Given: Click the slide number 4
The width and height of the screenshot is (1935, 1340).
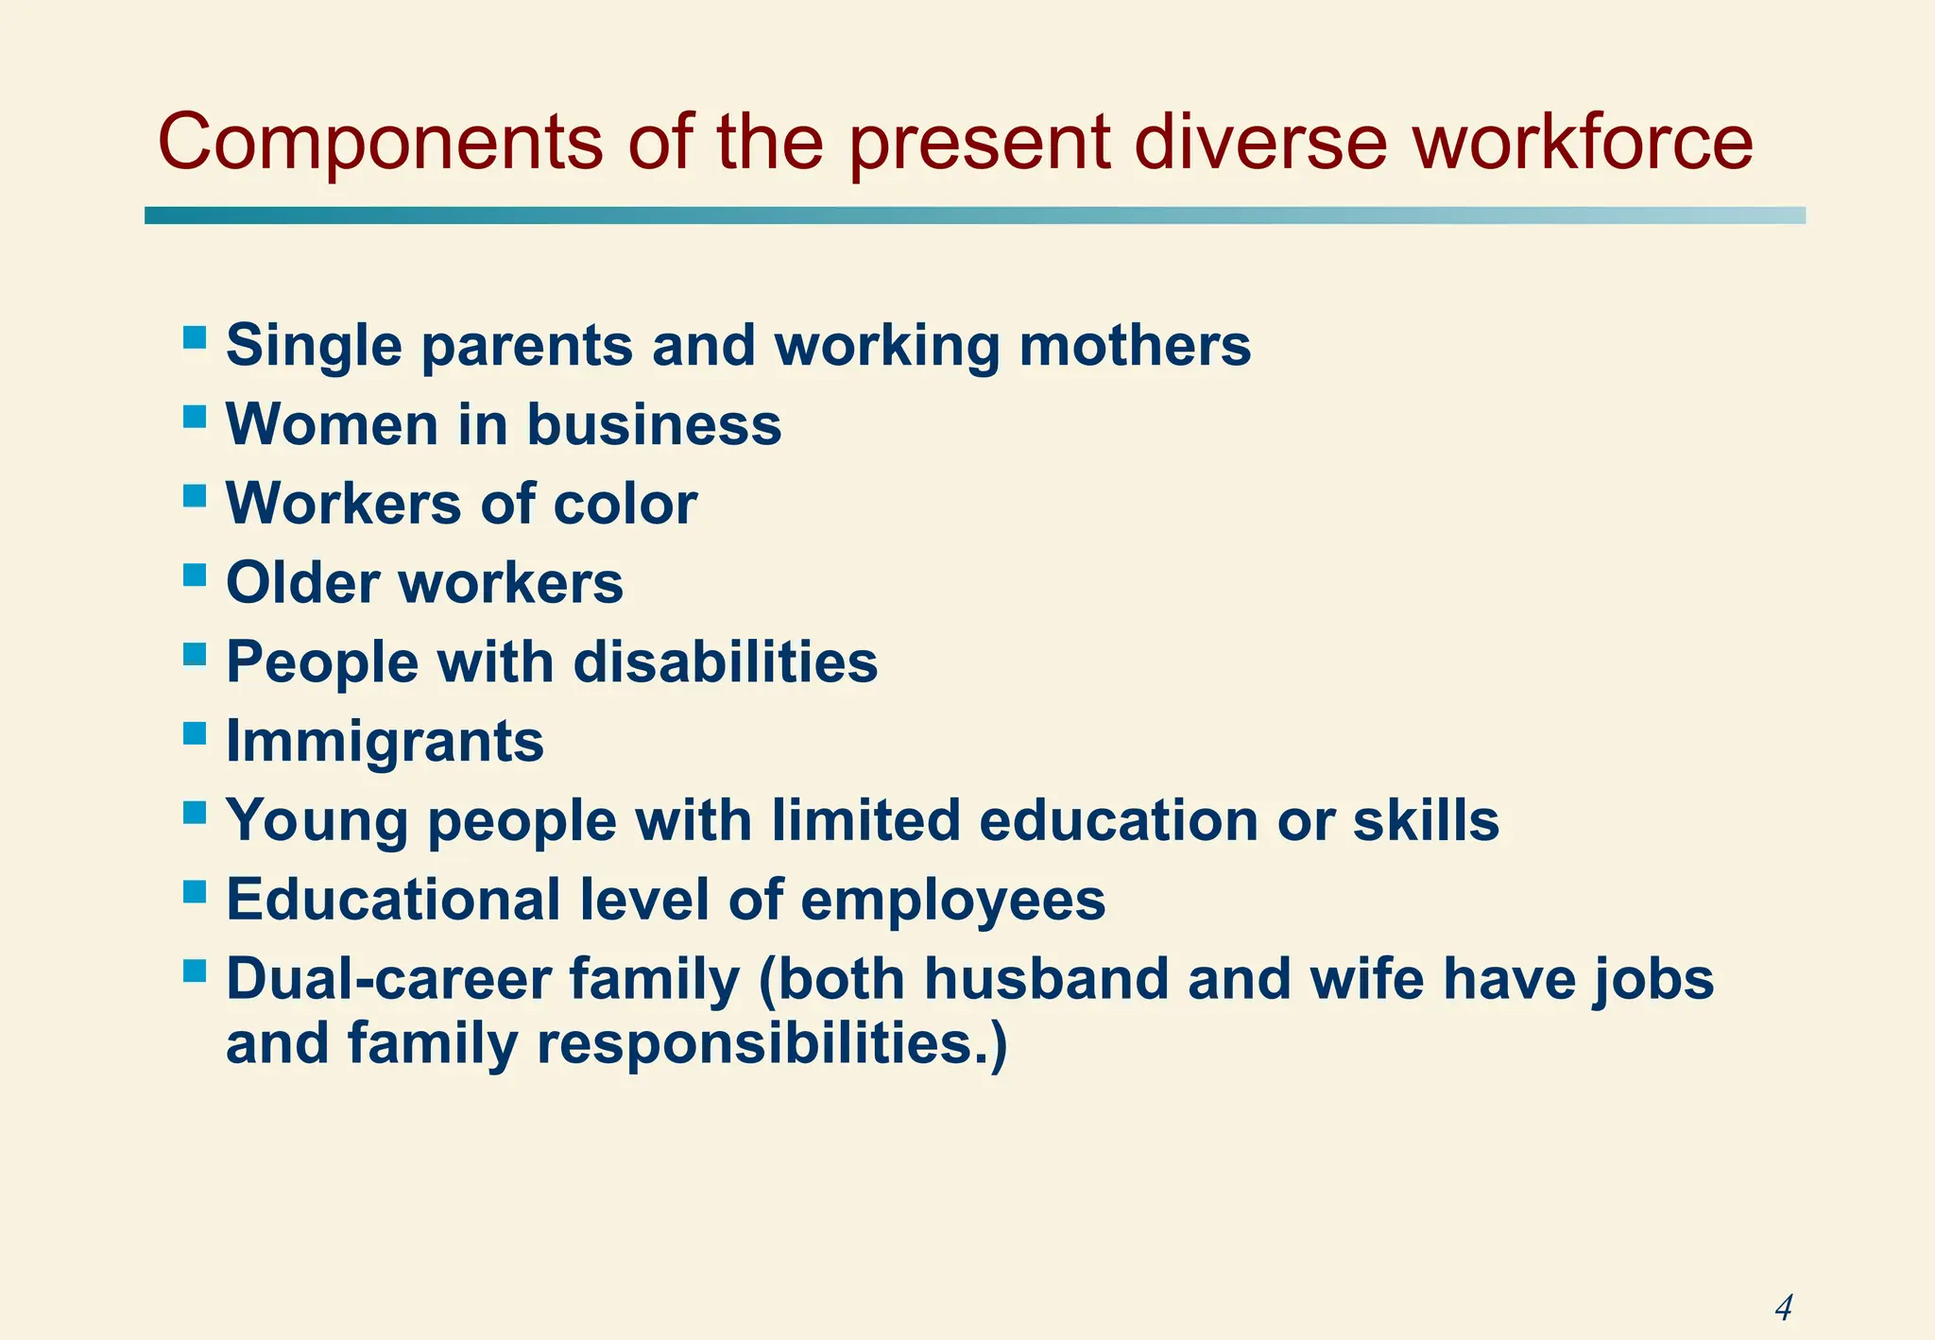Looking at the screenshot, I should click(1783, 1308).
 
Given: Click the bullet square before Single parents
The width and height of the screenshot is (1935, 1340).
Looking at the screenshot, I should click(195, 337).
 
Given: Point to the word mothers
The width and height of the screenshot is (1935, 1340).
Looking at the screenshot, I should click(1135, 345).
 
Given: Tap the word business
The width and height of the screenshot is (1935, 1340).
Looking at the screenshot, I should click(654, 424).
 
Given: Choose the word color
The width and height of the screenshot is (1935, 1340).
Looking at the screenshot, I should click(625, 504).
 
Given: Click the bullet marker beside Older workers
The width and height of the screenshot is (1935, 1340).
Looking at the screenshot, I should click(195, 575).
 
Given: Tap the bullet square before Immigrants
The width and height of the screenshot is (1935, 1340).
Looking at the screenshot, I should click(195, 733).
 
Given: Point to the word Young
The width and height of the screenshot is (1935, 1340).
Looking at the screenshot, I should click(317, 820).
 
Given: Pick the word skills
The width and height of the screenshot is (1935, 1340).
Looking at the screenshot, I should click(1426, 820).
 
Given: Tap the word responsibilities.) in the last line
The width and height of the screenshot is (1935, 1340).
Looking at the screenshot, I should click(772, 1044).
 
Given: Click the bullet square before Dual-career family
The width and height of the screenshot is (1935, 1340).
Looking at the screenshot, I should click(195, 971).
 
